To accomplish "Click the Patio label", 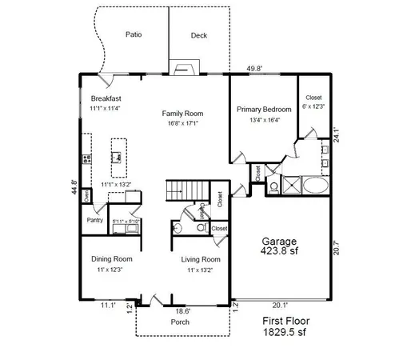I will point(134,35).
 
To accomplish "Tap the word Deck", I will point(199,36).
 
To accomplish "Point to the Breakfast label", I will point(105,98).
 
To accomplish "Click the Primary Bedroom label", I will point(263,109).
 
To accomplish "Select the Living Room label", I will point(199,259).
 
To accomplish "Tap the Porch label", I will point(180,322).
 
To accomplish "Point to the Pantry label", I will point(95,219).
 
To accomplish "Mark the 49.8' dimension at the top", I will point(254,69).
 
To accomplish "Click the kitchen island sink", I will point(118,158).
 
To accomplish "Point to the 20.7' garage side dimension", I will point(337,247).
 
